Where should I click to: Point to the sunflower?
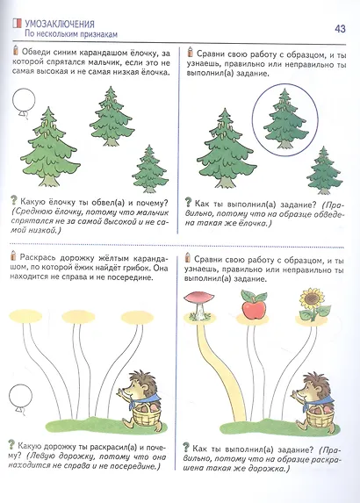(x=310, y=302)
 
